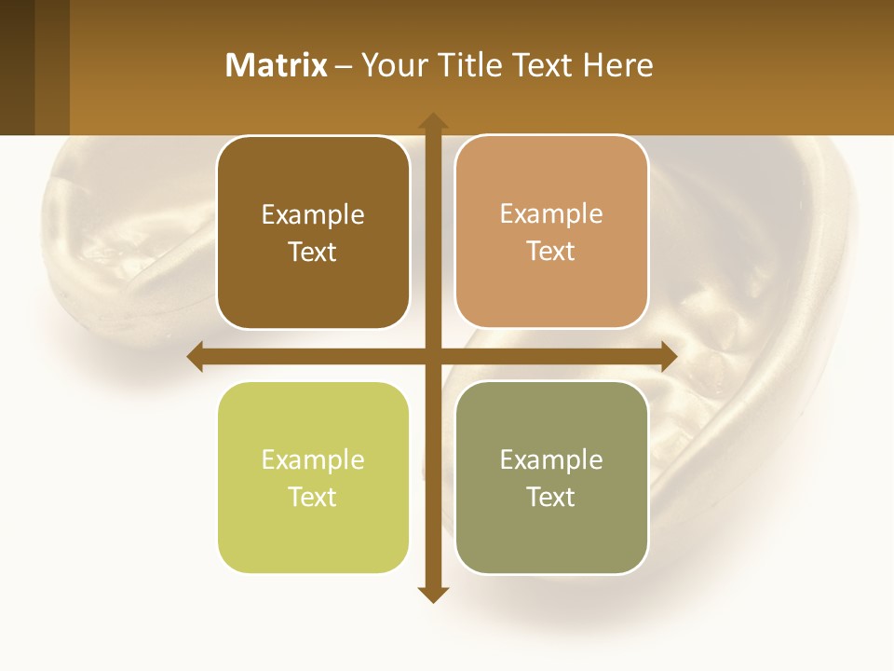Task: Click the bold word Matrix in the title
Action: click(276, 65)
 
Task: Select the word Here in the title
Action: click(617, 65)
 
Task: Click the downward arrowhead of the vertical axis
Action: click(433, 594)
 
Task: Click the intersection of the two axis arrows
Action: click(433, 356)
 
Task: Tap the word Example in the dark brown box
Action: click(313, 215)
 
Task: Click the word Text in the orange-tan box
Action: click(551, 252)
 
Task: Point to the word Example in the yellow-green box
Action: click(313, 460)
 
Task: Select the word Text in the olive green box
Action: click(551, 498)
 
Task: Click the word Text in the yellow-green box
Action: click(313, 498)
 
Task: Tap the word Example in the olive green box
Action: click(551, 460)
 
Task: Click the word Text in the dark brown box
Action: click(313, 253)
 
